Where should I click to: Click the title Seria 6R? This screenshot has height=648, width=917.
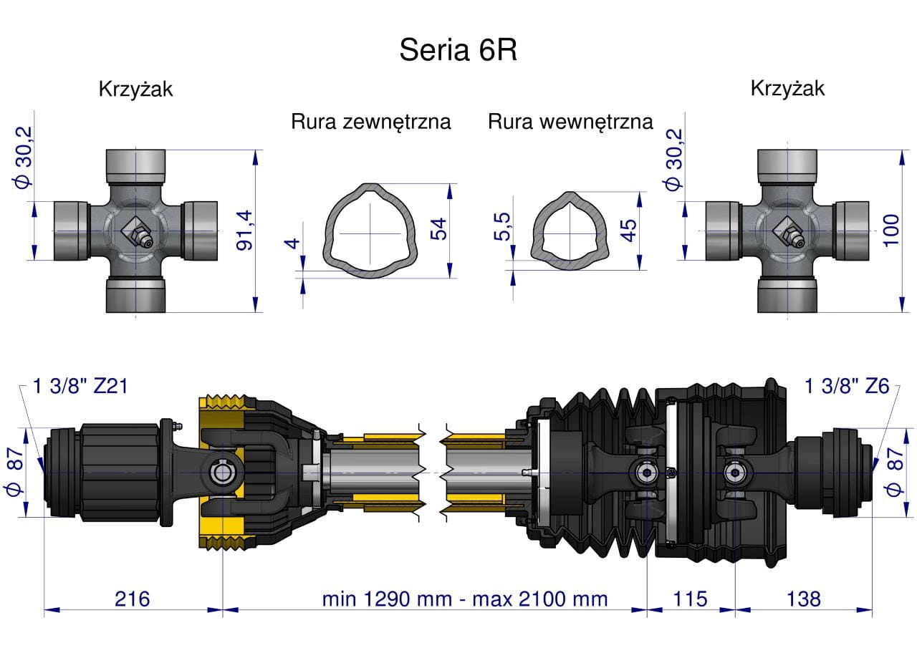tap(458, 51)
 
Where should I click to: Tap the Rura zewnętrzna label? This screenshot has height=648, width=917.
tap(370, 122)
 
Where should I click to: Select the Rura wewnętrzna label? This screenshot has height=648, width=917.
tap(570, 122)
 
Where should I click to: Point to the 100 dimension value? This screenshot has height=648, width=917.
tap(890, 229)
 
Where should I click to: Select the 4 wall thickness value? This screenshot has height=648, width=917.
tap(292, 243)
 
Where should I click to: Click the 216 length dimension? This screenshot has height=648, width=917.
tap(133, 599)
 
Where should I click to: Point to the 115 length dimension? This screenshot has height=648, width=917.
tap(691, 599)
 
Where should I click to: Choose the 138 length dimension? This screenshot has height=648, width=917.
tap(803, 599)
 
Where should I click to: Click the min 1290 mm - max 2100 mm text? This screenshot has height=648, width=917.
tap(464, 599)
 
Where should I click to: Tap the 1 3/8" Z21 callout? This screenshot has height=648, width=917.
tap(81, 387)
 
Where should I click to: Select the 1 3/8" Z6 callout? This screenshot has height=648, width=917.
tap(847, 387)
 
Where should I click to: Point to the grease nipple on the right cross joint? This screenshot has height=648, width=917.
tap(788, 233)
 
